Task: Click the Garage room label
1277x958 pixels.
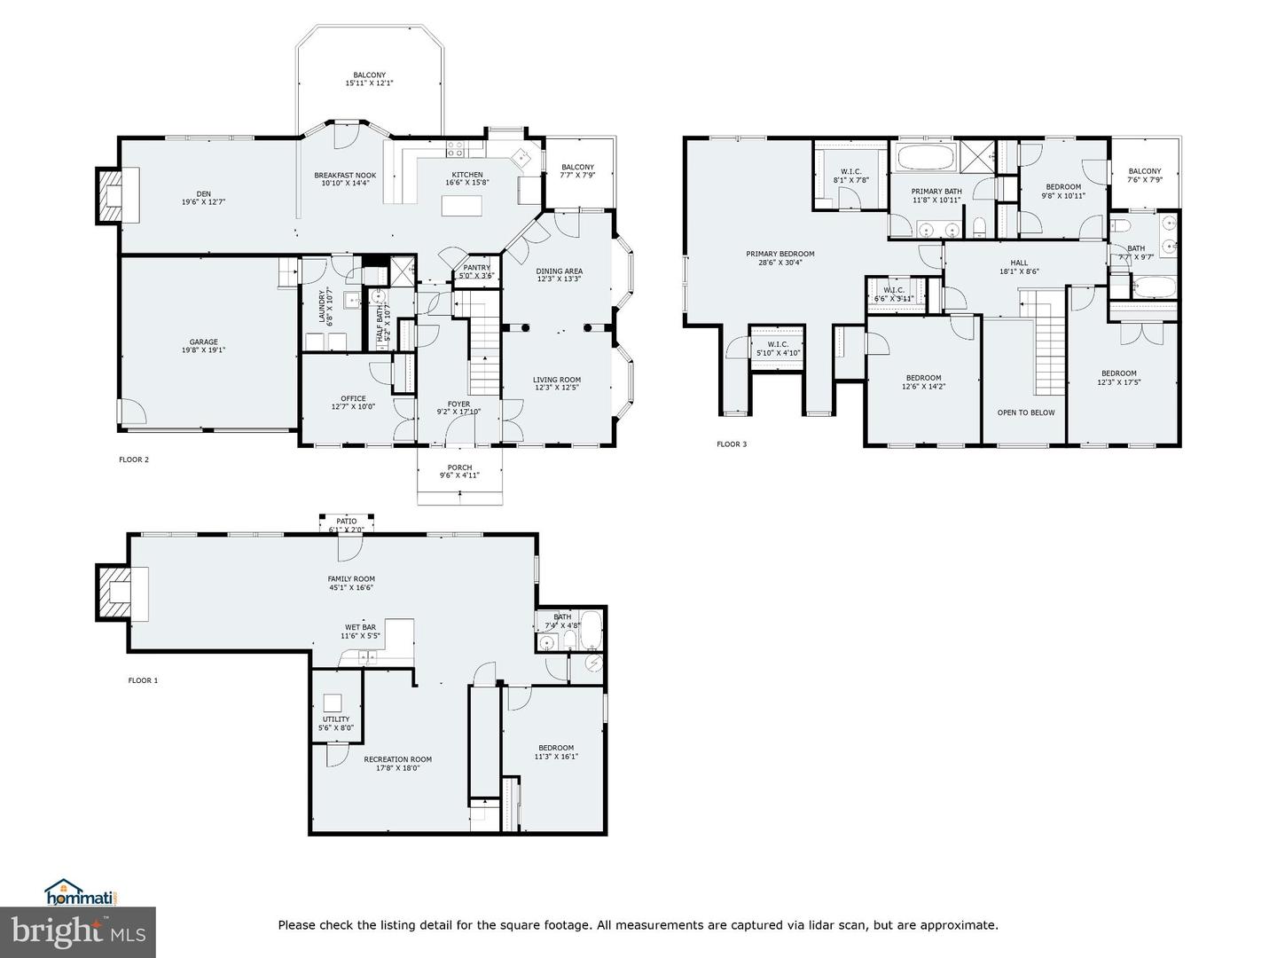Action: pos(203,342)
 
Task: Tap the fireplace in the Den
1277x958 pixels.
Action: pos(112,195)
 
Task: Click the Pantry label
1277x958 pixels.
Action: pos(476,268)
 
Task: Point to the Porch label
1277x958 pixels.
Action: pos(459,467)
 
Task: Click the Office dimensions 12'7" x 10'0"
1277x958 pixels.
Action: pos(353,407)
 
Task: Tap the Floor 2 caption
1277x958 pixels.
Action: pos(134,459)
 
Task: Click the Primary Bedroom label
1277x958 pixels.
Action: pos(780,254)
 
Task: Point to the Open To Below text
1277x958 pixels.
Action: pos(1025,412)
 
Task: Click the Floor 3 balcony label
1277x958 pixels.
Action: pos(1144,171)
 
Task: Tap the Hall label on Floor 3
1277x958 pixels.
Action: pos(1019,263)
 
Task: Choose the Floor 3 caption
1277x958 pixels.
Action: pos(732,444)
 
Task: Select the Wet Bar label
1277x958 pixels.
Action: pos(360,627)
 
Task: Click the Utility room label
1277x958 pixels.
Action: pos(336,719)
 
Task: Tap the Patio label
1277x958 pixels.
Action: pos(346,522)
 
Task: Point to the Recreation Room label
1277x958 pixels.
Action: pos(397,759)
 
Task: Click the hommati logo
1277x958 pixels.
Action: pos(81,893)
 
